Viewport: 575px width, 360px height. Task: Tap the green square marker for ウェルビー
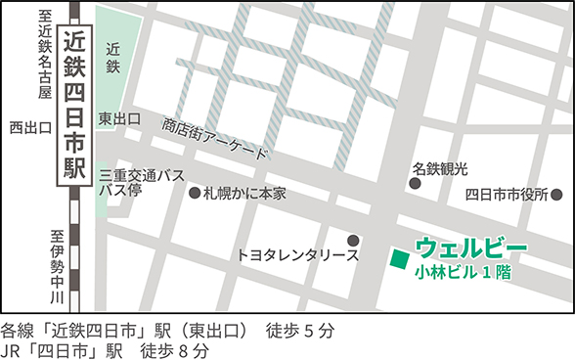point(399,259)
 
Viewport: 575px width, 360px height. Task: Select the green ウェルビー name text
point(471,247)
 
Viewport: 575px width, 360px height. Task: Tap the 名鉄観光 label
point(441,169)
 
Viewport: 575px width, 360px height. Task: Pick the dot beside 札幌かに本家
point(194,194)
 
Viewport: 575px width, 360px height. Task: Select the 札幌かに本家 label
point(244,194)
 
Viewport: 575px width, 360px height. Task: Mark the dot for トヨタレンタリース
point(353,240)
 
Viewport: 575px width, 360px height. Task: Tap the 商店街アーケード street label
point(215,139)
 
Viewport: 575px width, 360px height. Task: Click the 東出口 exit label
point(119,118)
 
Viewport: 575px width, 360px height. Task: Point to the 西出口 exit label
point(29,127)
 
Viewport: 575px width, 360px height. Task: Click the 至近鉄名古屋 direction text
point(43,54)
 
